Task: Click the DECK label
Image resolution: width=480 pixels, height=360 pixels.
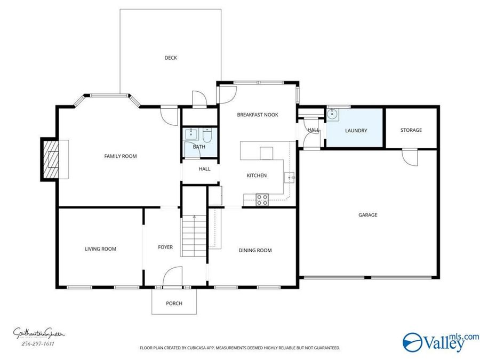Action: point(170,58)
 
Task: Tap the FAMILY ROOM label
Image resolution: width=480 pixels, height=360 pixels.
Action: point(120,156)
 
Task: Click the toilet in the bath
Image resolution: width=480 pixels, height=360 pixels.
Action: point(209,135)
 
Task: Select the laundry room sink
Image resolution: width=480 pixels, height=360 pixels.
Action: point(333,114)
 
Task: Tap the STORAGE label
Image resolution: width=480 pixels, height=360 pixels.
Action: point(411,130)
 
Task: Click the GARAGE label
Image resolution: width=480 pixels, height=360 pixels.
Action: point(367,215)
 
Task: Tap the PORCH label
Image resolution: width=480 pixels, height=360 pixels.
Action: point(174,303)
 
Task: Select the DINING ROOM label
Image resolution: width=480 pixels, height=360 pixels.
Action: point(255,250)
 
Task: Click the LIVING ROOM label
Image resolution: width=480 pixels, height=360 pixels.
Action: point(100,249)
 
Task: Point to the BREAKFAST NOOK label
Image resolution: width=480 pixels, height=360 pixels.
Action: point(258,115)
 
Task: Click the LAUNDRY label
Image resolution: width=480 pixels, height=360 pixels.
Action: point(356,131)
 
